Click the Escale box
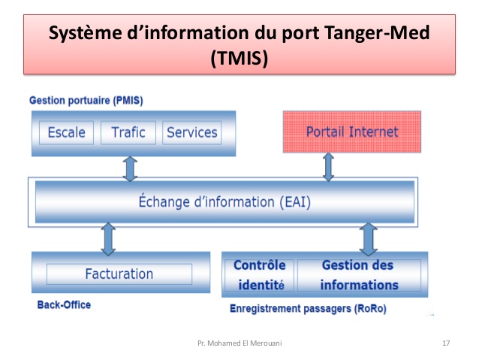point(66,133)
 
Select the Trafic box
point(128,133)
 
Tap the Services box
point(191,133)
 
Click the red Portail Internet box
point(351,132)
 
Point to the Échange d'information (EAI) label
point(224,201)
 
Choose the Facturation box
point(119,274)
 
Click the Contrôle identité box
point(260,275)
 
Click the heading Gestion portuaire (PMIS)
point(86,101)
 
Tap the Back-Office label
point(64,305)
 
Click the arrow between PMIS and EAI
point(131,167)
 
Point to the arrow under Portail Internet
point(328,167)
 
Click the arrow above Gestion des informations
point(368,237)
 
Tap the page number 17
point(446,343)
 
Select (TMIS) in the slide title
point(239,57)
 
